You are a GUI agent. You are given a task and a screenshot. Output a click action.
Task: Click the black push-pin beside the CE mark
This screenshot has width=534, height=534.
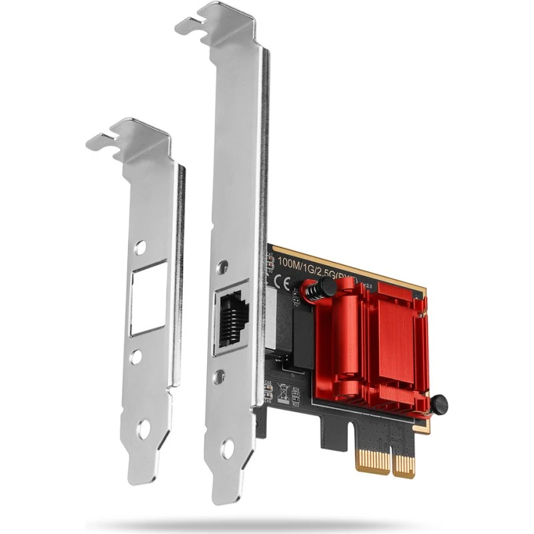point(323,288)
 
